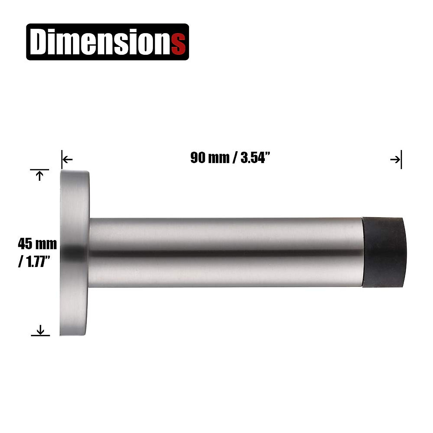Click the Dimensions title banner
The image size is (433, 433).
[x=108, y=42]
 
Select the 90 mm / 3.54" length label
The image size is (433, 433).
[x=231, y=158]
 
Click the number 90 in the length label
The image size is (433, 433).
[x=198, y=158]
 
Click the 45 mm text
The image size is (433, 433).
[x=37, y=244]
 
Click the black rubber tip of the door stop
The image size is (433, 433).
[x=383, y=252]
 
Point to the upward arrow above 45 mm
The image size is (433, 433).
[x=40, y=176]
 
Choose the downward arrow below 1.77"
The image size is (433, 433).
[x=40, y=329]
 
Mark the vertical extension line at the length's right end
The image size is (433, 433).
[x=401, y=159]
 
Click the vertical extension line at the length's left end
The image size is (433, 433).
[x=62, y=159]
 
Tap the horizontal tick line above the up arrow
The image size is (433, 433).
[x=39, y=169]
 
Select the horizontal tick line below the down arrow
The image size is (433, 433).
[x=40, y=336]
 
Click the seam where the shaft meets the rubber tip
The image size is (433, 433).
[x=362, y=252]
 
